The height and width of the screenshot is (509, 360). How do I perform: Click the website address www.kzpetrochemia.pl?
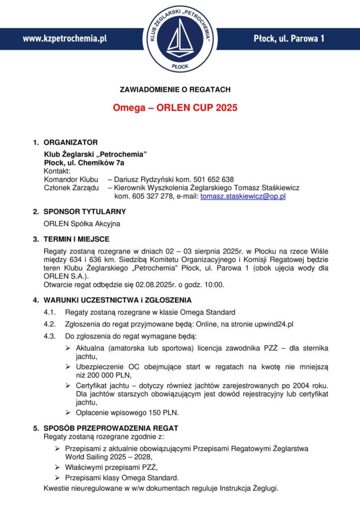pos(65,38)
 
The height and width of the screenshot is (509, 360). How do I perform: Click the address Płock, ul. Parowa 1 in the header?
pos(289,38)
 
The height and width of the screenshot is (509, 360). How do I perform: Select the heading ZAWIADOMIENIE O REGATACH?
pos(175,89)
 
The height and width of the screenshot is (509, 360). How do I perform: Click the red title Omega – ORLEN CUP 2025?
pos(175,107)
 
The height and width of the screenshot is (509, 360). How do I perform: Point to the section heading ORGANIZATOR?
pos(71,143)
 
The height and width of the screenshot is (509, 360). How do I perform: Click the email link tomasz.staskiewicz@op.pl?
pos(243,197)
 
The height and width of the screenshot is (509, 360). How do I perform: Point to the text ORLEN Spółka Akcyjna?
pos(82,224)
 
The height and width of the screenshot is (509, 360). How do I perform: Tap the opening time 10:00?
pos(214,285)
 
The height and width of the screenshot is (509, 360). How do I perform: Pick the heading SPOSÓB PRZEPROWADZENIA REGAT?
pos(111,428)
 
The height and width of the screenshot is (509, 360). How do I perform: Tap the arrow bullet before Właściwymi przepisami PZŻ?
pos(58,468)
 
